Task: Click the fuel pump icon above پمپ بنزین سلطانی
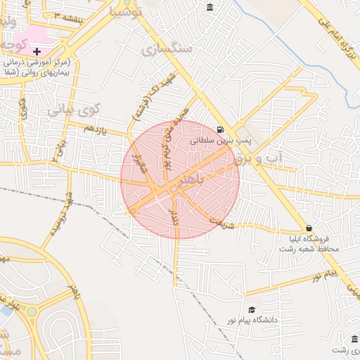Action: [221, 129]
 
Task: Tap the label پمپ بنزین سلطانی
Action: [221, 141]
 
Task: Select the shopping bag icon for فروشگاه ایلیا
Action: [309, 228]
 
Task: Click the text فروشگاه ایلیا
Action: [314, 238]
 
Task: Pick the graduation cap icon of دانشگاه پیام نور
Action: [252, 310]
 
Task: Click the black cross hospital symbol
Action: [37, 51]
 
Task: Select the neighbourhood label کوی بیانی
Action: [74, 110]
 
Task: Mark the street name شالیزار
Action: [140, 165]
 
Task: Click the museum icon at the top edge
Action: [210, 7]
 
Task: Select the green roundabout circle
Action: [31, 311]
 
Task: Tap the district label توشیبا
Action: [127, 11]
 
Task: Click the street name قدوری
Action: [23, 109]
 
